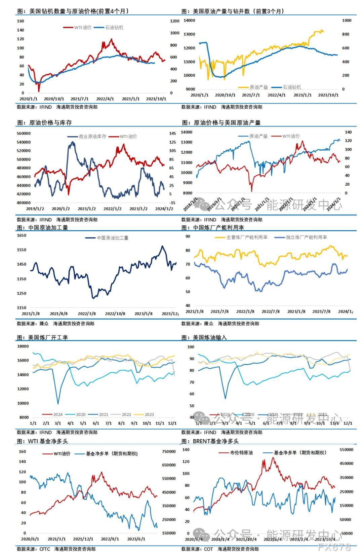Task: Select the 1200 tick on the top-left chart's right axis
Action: [x=175, y=21]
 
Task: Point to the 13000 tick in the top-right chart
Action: [x=189, y=34]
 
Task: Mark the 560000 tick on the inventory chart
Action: [x=24, y=134]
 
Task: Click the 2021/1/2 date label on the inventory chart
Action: [x=87, y=209]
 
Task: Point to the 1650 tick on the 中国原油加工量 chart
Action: [x=22, y=235]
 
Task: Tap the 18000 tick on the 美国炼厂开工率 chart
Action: [x=23, y=346]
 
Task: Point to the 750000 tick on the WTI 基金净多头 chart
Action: [x=169, y=452]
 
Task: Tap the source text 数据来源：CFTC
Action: [x=33, y=549]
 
